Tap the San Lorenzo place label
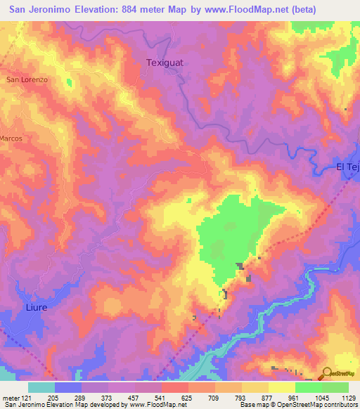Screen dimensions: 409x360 pos(27,80)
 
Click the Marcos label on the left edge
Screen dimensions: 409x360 pos(11,138)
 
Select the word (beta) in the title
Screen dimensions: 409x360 pos(302,10)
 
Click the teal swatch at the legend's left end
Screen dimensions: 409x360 pos(41,388)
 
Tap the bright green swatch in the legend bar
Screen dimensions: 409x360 pos(308,388)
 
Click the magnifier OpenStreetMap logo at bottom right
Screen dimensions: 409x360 pos(327,375)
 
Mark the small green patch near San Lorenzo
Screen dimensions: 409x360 pos(70,83)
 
